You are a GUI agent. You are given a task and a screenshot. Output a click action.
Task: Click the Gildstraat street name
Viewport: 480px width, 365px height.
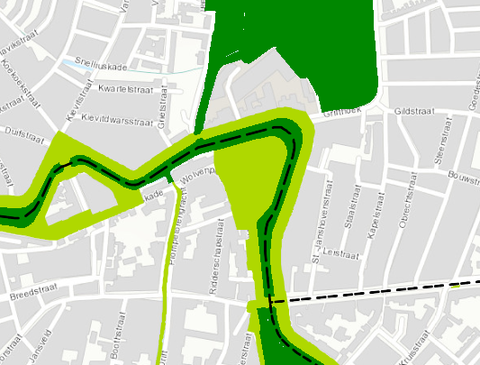(x=414, y=113)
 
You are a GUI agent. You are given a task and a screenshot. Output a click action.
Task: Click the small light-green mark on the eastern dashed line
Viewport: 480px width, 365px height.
(x=456, y=285)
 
